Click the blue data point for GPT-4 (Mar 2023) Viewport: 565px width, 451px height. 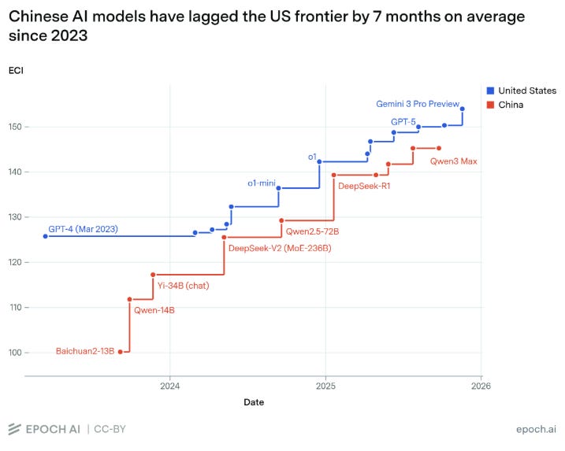click(46, 236)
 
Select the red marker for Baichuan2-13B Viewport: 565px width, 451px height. click(121, 352)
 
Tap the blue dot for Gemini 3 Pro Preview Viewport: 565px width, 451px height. click(463, 109)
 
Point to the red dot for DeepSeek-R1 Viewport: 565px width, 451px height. click(333, 175)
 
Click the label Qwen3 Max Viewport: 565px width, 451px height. click(453, 161)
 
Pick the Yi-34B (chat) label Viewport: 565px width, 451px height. click(183, 286)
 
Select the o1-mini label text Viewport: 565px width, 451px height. click(262, 183)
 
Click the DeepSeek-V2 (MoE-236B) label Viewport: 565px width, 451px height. click(280, 249)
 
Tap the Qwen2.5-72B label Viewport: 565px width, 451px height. click(312, 231)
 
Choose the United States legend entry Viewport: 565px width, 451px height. click(521, 91)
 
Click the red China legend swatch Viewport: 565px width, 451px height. click(490, 105)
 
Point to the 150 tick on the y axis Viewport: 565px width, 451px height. click(15, 127)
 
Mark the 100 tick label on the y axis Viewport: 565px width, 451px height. click(15, 353)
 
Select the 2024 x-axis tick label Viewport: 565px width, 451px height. click(170, 386)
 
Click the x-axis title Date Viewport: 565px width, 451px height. click(254, 402)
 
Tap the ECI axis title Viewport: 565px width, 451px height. click(16, 71)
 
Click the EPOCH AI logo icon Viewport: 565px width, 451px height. click(14, 429)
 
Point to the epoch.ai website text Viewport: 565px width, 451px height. click(536, 429)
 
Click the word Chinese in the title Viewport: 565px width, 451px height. click(38, 17)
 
